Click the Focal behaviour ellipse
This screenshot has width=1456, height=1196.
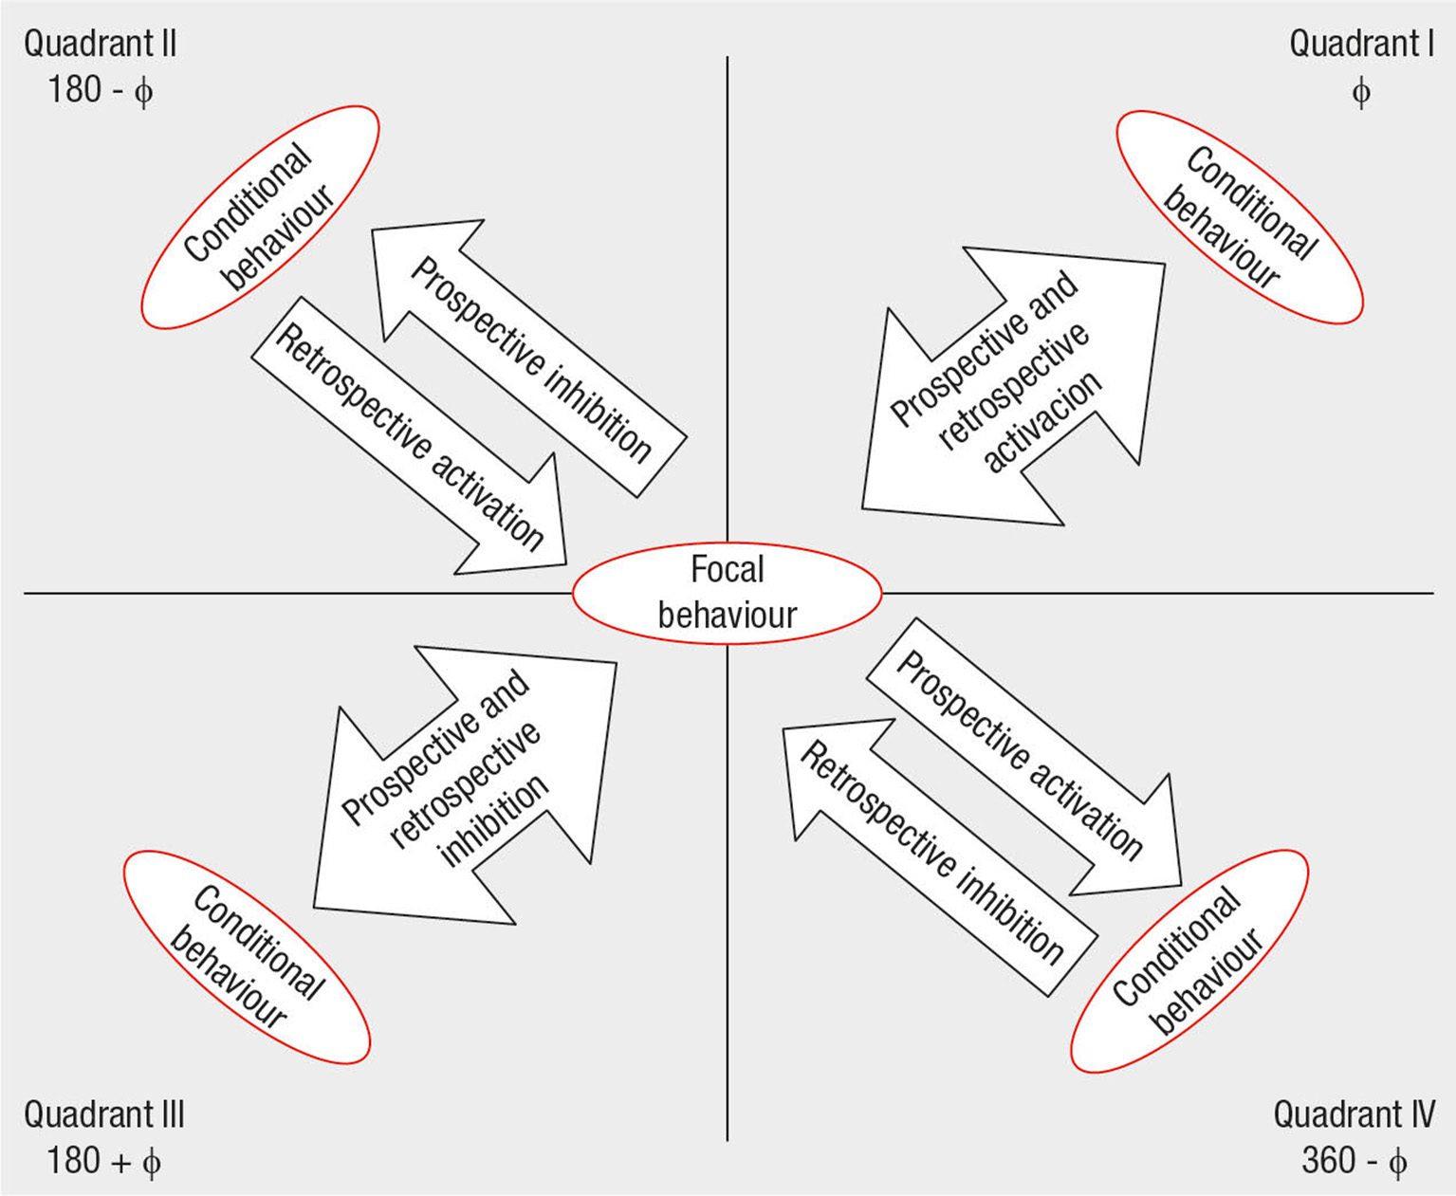point(728,594)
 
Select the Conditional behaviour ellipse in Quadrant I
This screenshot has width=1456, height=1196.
point(1239,217)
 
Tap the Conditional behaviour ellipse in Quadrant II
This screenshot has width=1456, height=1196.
point(260,217)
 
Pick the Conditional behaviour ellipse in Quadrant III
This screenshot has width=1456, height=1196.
point(247,956)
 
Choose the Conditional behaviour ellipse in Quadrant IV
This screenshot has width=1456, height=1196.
point(1189,960)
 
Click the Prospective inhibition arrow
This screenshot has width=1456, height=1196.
point(529,359)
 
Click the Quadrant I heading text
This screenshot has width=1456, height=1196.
point(1360,44)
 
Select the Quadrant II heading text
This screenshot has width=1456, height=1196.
point(100,44)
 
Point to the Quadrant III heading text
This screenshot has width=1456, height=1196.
point(103,1114)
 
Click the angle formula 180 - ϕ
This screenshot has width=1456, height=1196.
point(100,91)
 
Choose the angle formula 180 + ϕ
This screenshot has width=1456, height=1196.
point(103,1161)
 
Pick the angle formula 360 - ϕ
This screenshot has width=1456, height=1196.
point(1353,1161)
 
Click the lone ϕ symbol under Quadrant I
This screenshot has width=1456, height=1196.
point(1360,92)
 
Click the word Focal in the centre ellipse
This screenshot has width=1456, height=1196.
point(727,569)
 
